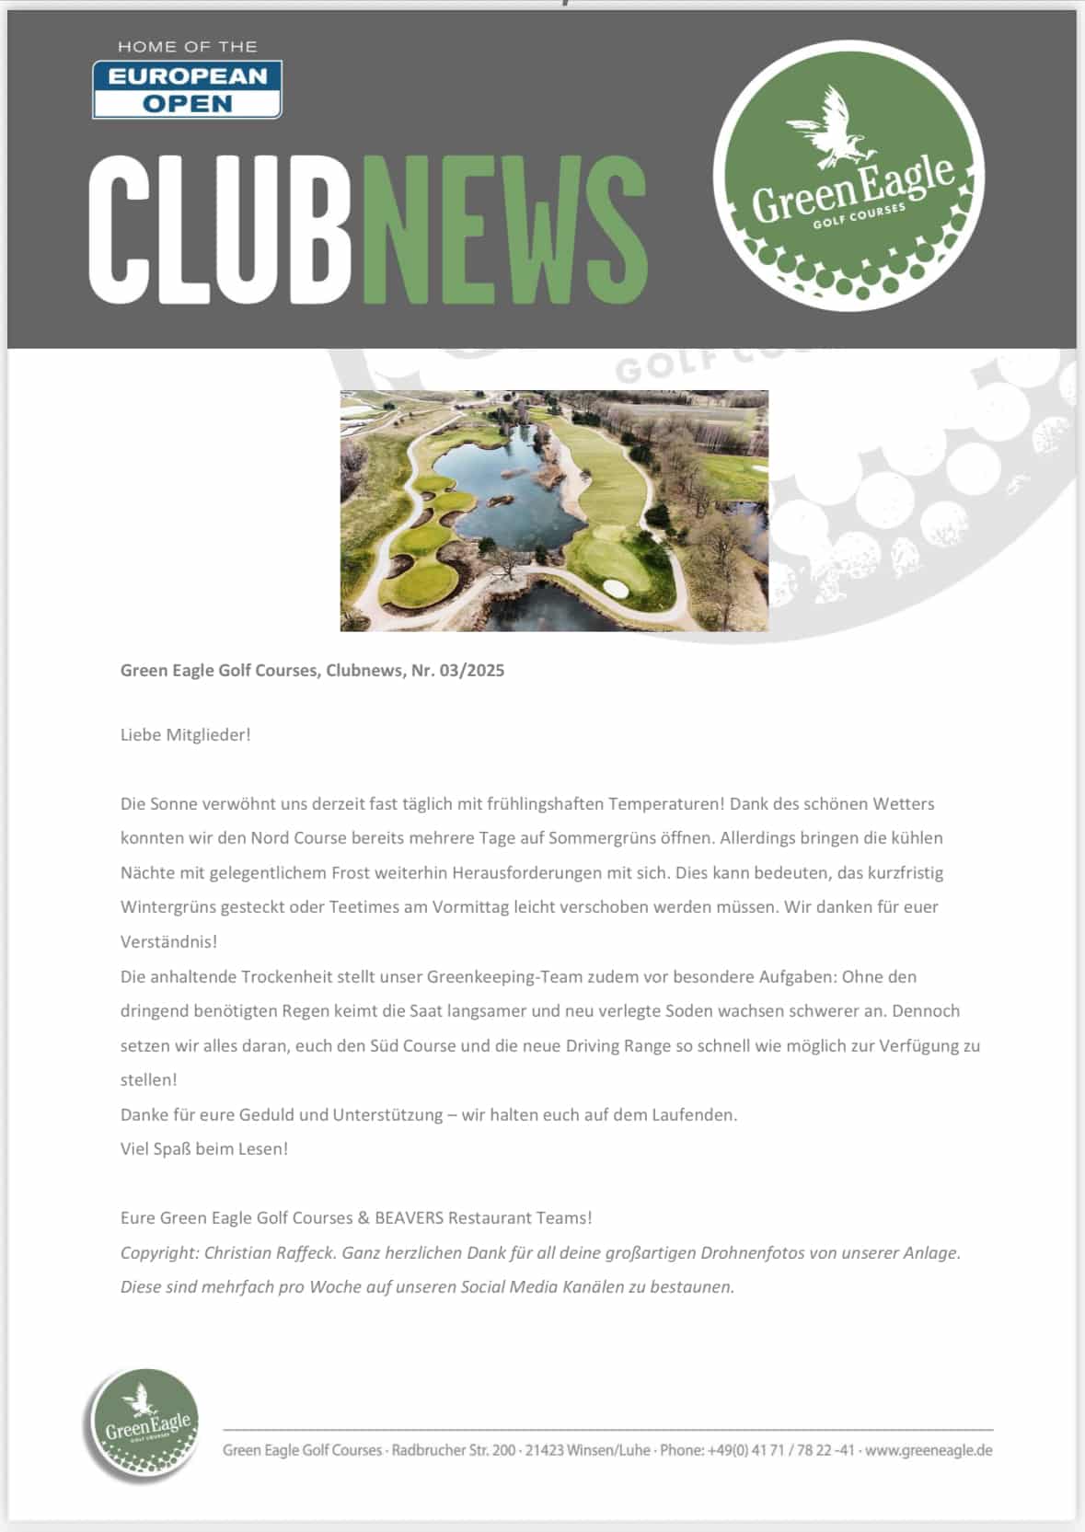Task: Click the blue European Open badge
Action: coord(187,89)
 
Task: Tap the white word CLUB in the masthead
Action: coord(219,229)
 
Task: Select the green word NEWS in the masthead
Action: coord(504,229)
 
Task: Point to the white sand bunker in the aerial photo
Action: coord(615,588)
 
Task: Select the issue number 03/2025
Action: coord(471,670)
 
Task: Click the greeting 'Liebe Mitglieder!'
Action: coord(185,734)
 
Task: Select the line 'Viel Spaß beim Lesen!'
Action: coord(204,1148)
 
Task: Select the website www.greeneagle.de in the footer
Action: coord(929,1450)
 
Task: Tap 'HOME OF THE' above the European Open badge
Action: coord(187,46)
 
